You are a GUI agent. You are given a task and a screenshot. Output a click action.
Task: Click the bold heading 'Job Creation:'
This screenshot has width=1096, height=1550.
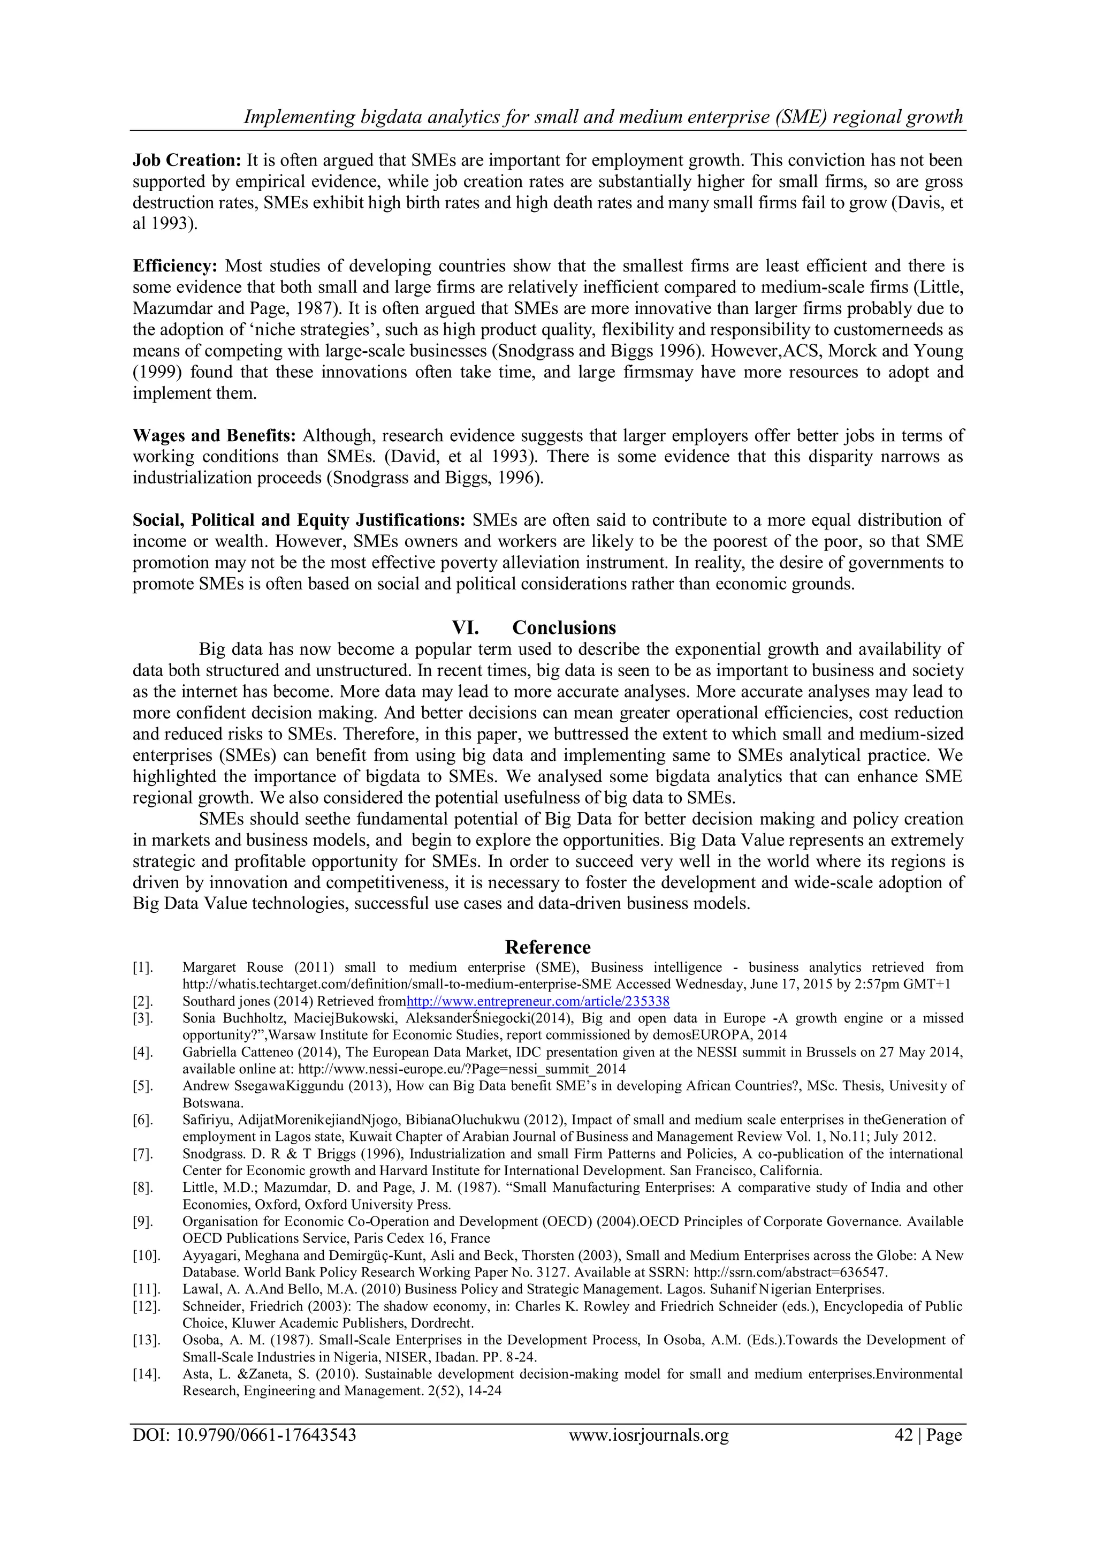186,161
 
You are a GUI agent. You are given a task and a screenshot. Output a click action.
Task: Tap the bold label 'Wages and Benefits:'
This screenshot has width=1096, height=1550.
214,435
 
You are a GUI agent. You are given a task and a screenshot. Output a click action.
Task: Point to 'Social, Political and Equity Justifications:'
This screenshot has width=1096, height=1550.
299,520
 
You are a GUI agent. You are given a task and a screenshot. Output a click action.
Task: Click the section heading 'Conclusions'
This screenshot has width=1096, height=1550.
564,628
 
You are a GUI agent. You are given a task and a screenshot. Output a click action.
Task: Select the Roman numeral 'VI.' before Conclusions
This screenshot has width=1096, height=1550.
465,628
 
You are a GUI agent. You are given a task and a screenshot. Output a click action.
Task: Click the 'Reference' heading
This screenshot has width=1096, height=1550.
547,947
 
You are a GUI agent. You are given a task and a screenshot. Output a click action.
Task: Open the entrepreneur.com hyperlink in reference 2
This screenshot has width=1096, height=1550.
538,1001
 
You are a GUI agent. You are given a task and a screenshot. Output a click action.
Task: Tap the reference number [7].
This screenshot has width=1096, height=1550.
142,1154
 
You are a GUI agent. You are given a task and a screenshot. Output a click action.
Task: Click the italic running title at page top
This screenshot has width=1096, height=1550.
603,117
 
